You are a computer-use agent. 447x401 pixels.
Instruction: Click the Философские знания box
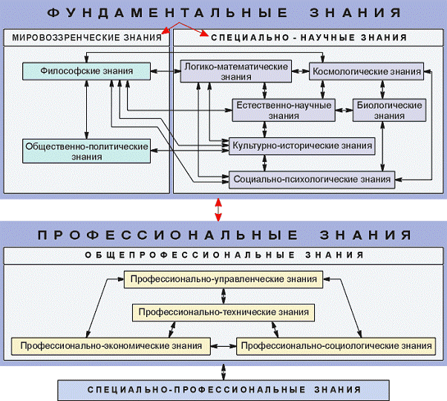[x=88, y=71]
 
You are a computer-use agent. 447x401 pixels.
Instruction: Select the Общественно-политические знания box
[x=87, y=151]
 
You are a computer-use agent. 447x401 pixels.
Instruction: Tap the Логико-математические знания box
[x=235, y=71]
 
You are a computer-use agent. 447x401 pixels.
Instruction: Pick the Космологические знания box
[x=367, y=72]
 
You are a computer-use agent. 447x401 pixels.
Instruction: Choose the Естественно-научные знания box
[x=284, y=111]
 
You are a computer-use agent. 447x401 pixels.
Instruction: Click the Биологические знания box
[x=388, y=111]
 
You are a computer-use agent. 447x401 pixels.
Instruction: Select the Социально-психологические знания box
[x=311, y=179]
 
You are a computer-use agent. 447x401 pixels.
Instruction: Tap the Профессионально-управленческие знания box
[x=223, y=279]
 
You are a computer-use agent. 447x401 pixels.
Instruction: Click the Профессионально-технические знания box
[x=223, y=311]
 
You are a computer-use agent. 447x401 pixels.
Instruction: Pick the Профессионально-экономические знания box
[x=111, y=346]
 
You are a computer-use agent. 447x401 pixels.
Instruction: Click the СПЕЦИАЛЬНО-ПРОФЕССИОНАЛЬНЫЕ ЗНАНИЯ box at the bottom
[x=223, y=389]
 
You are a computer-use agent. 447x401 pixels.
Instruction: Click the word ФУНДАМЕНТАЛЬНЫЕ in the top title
[x=160, y=13]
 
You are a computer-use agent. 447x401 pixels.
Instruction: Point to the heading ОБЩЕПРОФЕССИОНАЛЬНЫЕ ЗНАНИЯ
[x=223, y=255]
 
